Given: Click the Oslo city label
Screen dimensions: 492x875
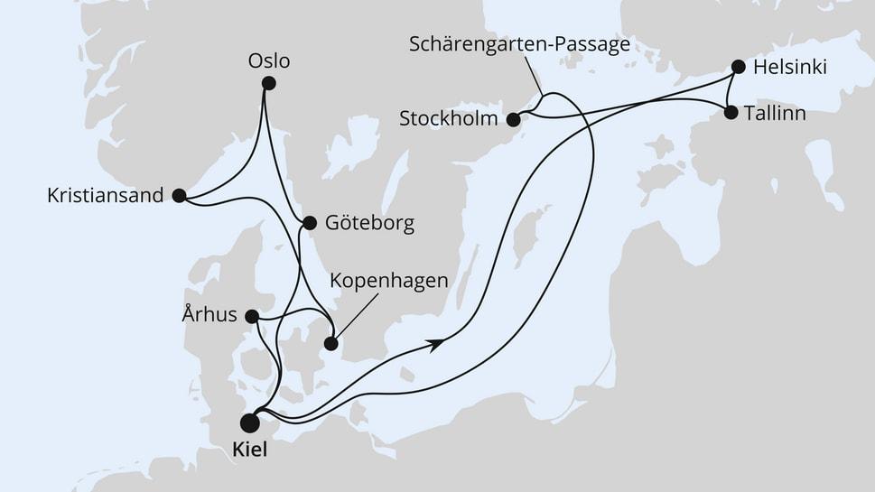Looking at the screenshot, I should coord(269,61).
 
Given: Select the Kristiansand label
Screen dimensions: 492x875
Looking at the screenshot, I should coord(105,195).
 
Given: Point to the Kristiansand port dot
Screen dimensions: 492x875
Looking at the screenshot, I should coord(179,195).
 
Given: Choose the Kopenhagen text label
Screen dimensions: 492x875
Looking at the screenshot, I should coord(388,281).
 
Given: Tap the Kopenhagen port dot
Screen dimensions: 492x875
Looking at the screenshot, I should coord(331,343).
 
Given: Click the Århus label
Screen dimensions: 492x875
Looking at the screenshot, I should coord(209,315).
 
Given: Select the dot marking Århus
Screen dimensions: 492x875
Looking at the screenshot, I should coord(252,316).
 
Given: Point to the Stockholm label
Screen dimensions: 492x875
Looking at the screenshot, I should coord(448,118).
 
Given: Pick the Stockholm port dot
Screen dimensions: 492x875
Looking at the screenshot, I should coord(513,118).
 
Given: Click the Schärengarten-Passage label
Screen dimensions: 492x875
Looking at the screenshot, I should coord(518,44).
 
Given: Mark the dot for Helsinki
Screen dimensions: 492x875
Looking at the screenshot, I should coord(738,66).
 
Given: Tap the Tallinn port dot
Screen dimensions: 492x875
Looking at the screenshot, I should coord(730,113).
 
